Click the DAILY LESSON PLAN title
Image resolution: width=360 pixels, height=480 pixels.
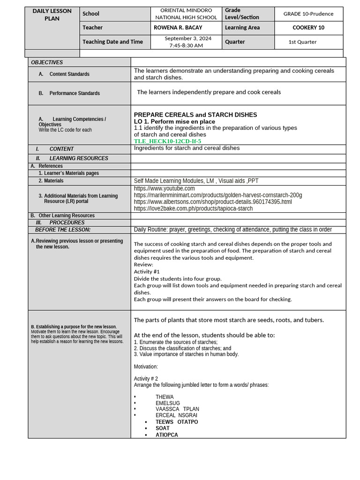[52, 15]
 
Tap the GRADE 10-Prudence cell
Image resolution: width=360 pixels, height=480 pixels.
[308, 14]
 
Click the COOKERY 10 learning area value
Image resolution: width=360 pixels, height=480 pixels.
[308, 28]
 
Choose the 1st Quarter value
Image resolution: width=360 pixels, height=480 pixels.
[302, 42]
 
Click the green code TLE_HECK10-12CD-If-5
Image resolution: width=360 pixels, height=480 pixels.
[167, 141]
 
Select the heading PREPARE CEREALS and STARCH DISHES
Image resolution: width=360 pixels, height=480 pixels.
[195, 115]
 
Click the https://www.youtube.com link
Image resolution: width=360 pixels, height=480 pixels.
[164, 188]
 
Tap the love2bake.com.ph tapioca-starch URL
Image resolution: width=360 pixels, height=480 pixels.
[193, 209]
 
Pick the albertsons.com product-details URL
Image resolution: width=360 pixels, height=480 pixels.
[212, 202]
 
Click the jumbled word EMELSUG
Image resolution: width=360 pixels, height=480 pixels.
[167, 403]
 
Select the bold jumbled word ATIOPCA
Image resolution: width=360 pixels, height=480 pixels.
[166, 435]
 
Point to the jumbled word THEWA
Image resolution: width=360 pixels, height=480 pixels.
[165, 397]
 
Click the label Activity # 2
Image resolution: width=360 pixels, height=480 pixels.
[146, 378]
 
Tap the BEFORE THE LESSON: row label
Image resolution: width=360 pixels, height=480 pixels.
[63, 230]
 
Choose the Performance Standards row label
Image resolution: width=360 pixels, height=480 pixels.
[74, 93]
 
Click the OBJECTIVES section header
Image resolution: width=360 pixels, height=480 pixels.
[47, 62]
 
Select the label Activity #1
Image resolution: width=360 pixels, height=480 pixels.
[147, 271]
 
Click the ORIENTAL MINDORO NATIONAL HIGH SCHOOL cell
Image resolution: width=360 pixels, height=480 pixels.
[186, 14]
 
